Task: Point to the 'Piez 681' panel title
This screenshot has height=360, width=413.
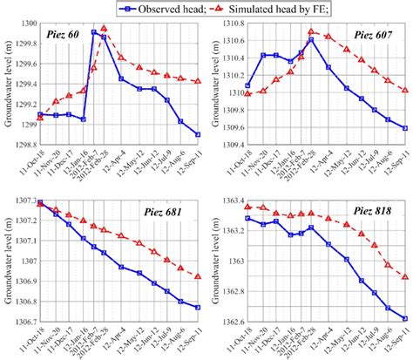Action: [x=166, y=214]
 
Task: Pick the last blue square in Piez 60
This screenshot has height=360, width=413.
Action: [x=197, y=134]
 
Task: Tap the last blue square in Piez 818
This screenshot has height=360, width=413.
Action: [x=405, y=318]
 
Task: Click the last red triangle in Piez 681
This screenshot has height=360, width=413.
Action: [x=197, y=276]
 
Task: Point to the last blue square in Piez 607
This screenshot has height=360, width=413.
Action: [x=405, y=128]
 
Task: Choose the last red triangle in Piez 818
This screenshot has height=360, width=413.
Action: [x=405, y=277]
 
